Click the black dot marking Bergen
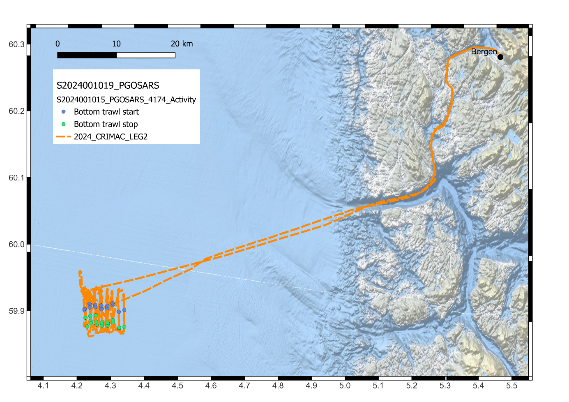tap(500, 57)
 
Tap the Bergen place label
tap(484, 52)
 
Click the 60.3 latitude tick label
tap(16, 44)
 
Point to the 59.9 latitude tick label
tap(16, 311)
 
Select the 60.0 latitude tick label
tap(16, 245)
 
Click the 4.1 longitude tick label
tap(43, 386)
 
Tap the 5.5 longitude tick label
tap(512, 386)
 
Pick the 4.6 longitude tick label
tap(211, 386)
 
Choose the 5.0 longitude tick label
tap(345, 386)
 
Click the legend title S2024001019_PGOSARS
tap(108, 85)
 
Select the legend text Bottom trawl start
tap(106, 112)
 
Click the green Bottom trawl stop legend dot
tap(63, 124)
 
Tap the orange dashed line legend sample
tap(63, 136)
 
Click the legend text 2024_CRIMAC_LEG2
tap(111, 137)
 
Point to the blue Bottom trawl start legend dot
tap(63, 112)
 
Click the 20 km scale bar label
tap(182, 44)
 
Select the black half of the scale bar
tap(87, 55)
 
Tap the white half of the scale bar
tap(146, 55)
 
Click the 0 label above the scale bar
tap(58, 44)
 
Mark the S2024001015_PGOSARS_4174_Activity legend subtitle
tap(126, 99)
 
